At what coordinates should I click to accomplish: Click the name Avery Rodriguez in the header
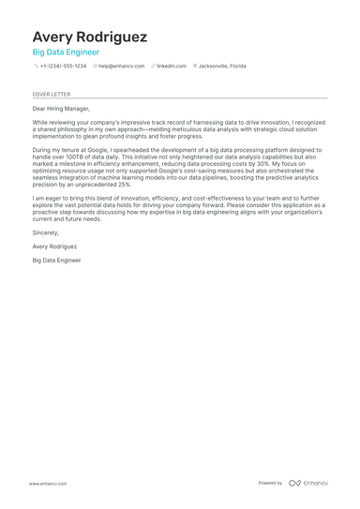90,37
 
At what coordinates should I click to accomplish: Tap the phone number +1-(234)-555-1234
63,67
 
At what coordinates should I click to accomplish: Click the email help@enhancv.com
122,67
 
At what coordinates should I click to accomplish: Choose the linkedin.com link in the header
172,67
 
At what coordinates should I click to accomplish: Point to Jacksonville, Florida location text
222,67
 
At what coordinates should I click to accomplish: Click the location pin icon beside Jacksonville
195,67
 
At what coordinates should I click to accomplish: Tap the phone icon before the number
36,67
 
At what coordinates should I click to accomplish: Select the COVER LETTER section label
52,94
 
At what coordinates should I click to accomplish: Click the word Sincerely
46,232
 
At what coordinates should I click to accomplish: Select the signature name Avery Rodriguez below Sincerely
54,246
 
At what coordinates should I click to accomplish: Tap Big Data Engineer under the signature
56,260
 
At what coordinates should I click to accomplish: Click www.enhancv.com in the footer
48,483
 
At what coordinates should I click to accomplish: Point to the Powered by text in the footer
270,483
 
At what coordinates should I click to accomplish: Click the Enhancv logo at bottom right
308,483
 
